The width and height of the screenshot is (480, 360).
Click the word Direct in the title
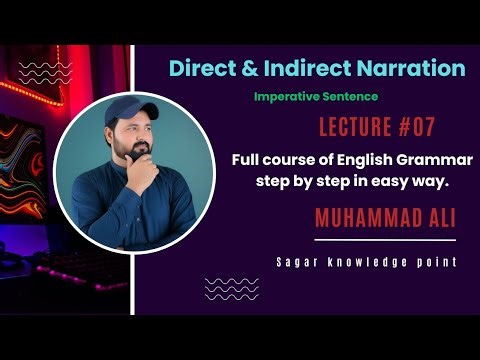click(201, 68)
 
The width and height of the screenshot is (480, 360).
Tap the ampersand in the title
click(246, 68)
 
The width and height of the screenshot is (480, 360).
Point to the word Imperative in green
click(284, 98)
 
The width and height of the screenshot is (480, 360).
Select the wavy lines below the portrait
click(230, 289)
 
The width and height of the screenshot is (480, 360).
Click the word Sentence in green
click(353, 98)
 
